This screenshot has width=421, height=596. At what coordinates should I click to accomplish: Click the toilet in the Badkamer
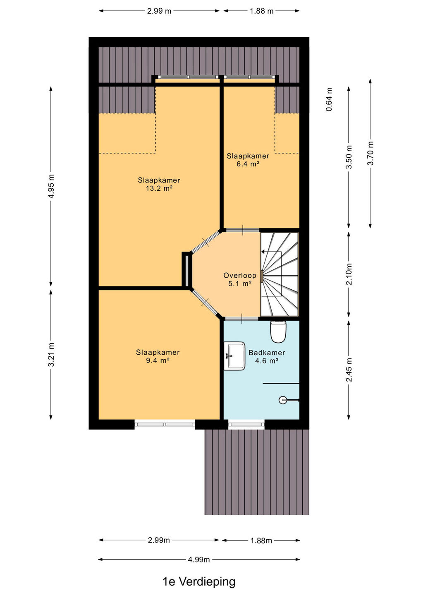[x=278, y=332]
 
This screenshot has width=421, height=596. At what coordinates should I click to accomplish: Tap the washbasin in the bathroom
[x=234, y=356]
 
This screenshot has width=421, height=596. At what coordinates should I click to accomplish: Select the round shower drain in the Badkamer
[x=282, y=400]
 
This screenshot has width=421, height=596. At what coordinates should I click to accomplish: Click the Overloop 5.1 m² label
[x=240, y=279]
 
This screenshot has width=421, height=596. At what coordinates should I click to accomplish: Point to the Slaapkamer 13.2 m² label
[x=159, y=184]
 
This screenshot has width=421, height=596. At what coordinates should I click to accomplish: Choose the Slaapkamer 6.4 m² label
[x=248, y=160]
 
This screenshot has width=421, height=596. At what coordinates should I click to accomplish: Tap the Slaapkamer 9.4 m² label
[x=158, y=356]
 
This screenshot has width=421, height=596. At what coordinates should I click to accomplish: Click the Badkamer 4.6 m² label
[x=267, y=356]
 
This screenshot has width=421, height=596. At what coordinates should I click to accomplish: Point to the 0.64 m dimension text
[x=329, y=99]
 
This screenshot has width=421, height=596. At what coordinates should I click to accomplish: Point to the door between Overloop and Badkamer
[x=242, y=319]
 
